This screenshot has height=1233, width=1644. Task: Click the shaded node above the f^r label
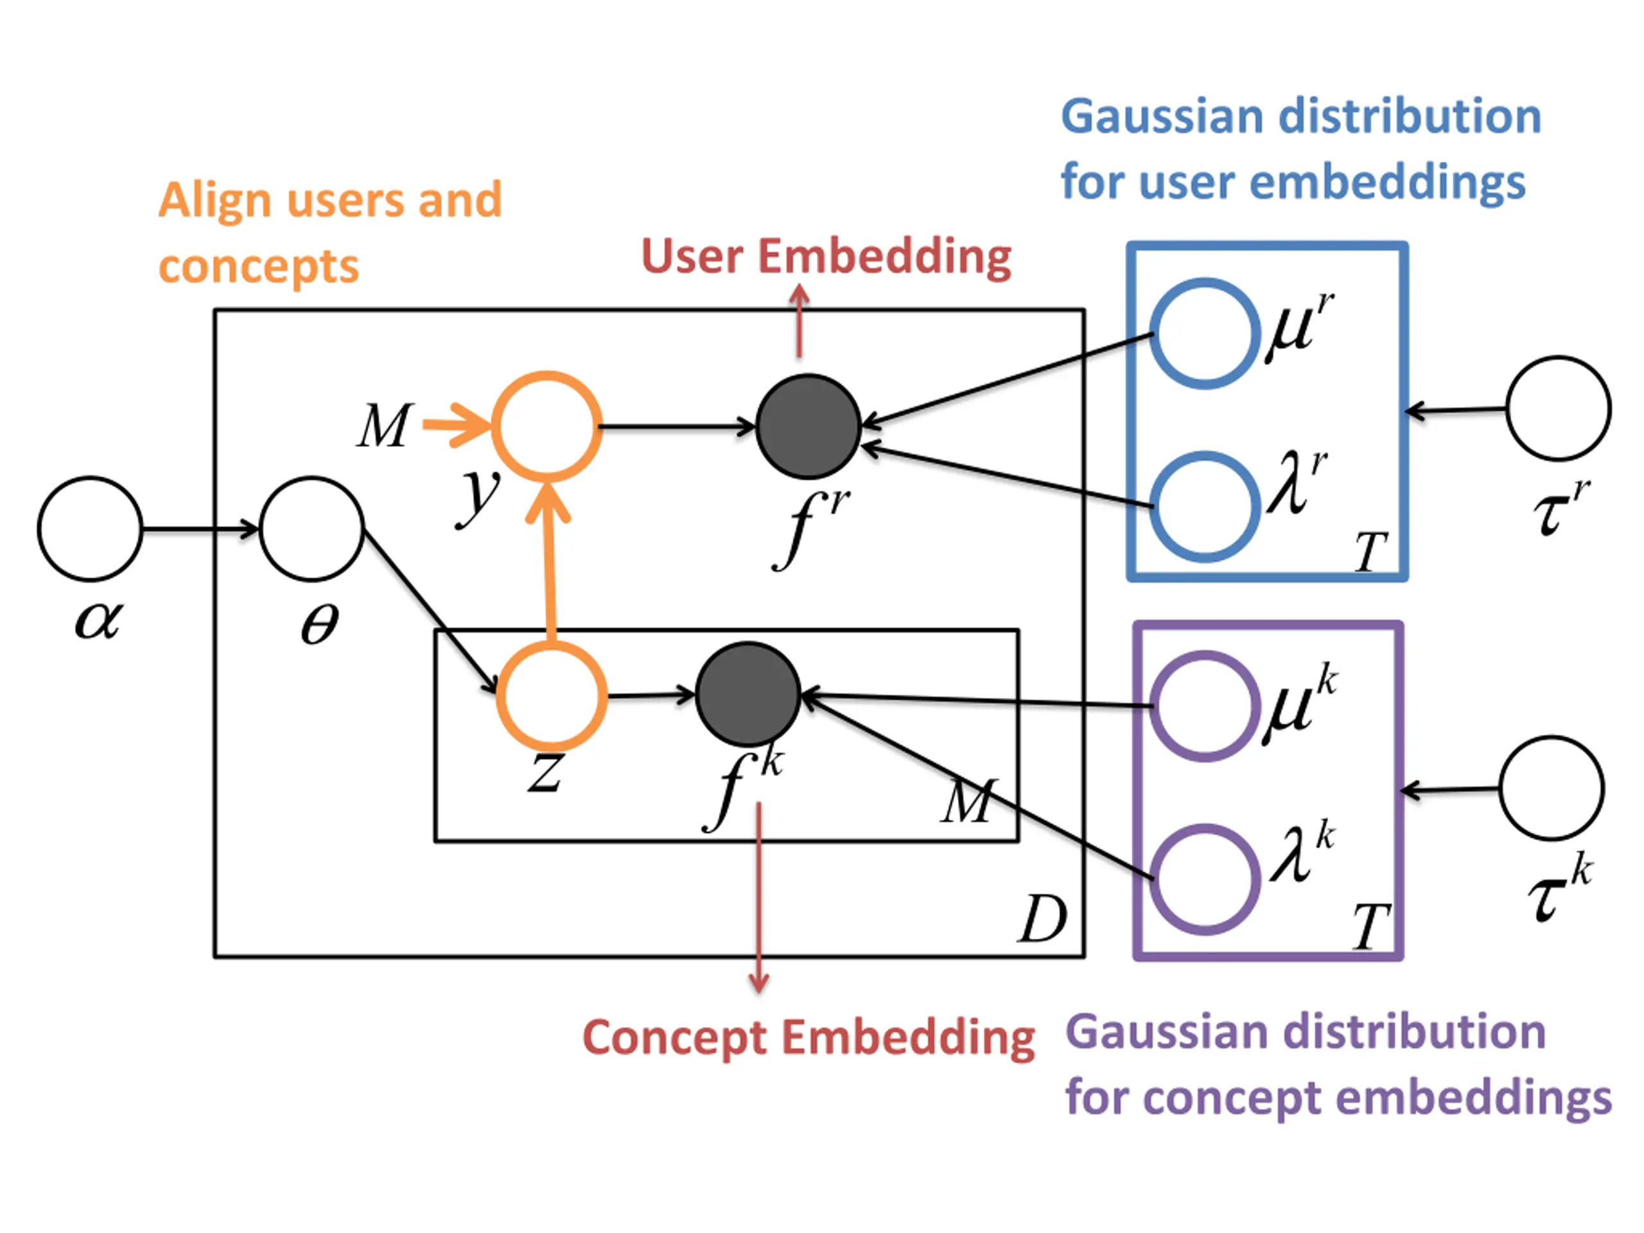coord(809,426)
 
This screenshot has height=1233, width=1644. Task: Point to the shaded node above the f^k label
coord(748,695)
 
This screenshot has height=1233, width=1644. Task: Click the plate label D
coord(1043,920)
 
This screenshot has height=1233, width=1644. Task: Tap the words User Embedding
coord(826,257)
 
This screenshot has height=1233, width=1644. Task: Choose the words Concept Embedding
coord(809,1038)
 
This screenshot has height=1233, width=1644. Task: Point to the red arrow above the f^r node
coord(799,321)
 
